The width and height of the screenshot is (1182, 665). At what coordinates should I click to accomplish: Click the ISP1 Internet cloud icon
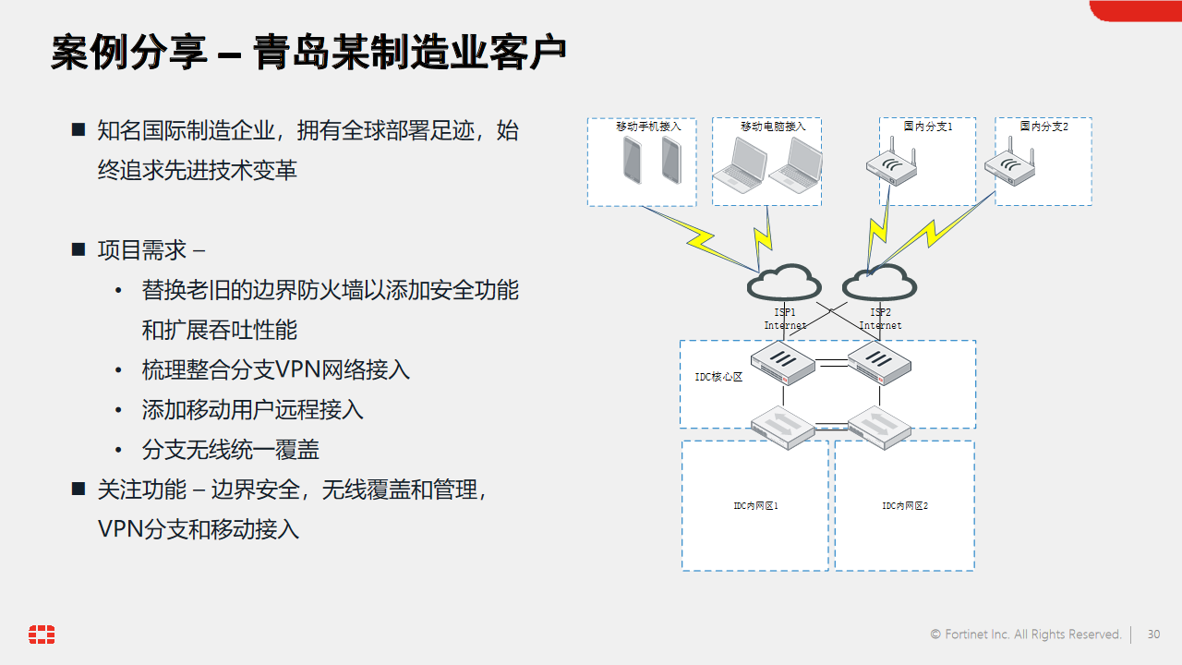click(784, 283)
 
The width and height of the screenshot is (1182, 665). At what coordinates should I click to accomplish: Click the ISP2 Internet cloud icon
click(879, 283)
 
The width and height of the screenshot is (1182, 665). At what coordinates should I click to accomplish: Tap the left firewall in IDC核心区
click(782, 362)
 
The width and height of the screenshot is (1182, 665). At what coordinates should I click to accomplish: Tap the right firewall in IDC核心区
click(879, 362)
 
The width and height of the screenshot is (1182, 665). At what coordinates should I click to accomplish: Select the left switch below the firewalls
click(782, 427)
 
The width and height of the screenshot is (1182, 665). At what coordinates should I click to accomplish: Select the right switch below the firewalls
click(879, 427)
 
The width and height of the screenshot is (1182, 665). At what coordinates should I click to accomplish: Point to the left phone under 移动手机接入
click(633, 160)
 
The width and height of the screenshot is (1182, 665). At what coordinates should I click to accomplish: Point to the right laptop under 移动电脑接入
click(795, 163)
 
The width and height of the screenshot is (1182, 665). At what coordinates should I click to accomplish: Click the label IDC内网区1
click(755, 506)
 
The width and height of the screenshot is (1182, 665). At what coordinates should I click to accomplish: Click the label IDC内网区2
click(904, 506)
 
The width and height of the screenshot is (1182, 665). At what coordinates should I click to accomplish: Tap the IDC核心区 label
click(718, 378)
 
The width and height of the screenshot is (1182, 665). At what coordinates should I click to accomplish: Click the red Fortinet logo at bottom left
click(42, 635)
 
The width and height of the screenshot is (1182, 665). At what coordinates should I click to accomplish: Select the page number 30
click(1153, 635)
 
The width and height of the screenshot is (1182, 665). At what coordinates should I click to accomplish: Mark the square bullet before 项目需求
click(78, 249)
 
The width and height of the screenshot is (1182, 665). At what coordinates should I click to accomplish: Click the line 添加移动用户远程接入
click(252, 410)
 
